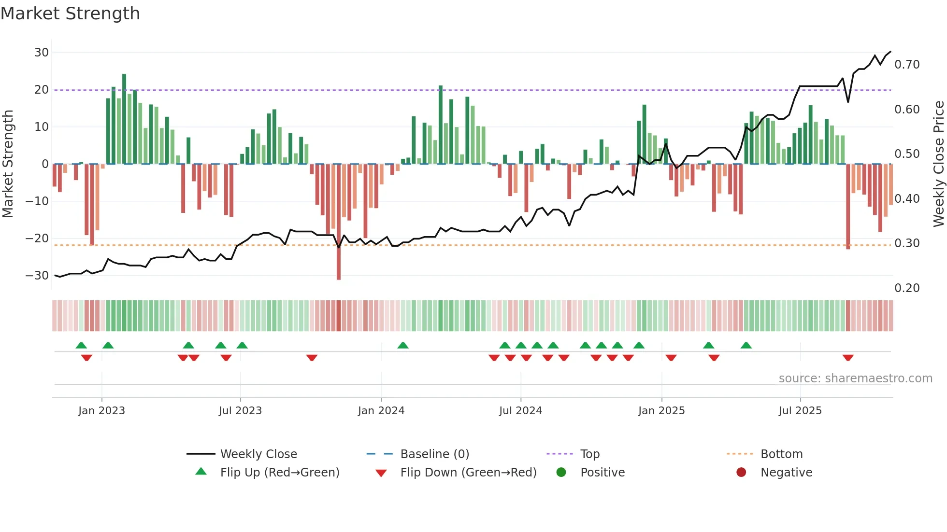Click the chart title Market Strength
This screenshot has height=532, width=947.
click(x=70, y=14)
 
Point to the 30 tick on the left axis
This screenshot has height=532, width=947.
click(x=42, y=53)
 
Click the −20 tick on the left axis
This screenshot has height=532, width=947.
click(x=37, y=238)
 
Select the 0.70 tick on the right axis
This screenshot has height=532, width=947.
click(x=907, y=65)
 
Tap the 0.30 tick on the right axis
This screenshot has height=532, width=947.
click(x=907, y=243)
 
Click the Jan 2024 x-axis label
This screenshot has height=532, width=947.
click(x=381, y=411)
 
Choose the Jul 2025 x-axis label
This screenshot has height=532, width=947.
click(x=800, y=411)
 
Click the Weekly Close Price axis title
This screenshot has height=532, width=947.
click(x=938, y=164)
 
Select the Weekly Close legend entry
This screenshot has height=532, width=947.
click(x=258, y=454)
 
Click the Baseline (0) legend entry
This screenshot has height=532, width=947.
click(x=434, y=454)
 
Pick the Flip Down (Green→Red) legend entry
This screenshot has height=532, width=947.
click(x=468, y=473)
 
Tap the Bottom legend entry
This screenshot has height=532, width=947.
click(x=781, y=454)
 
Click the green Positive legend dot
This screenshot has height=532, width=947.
click(x=561, y=473)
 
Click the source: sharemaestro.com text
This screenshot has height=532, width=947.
click(x=855, y=378)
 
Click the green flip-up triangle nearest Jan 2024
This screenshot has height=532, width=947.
click(x=403, y=345)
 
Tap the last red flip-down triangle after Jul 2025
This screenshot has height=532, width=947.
click(x=848, y=358)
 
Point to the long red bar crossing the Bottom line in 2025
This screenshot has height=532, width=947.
click(x=848, y=208)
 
